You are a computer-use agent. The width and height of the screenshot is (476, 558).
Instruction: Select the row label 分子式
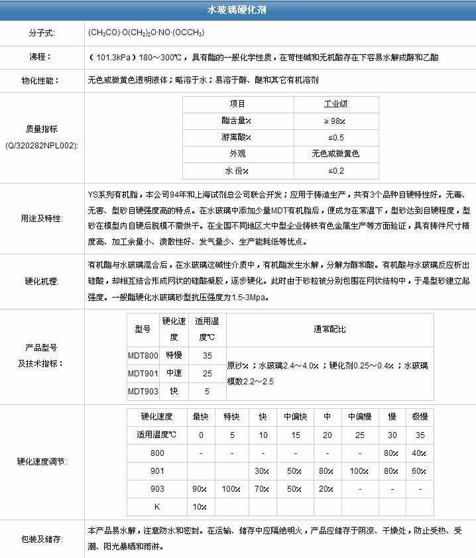click(41, 32)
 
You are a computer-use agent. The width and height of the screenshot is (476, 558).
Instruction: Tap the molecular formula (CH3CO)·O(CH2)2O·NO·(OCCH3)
click(145, 32)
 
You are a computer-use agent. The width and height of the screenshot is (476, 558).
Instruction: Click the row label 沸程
click(41, 57)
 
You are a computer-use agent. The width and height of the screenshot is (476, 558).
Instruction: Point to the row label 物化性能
click(41, 81)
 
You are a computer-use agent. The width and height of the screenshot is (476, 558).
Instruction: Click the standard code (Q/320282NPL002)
click(41, 144)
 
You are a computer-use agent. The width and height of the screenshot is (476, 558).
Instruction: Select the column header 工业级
click(335, 104)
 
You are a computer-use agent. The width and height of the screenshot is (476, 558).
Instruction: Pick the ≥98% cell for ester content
click(335, 121)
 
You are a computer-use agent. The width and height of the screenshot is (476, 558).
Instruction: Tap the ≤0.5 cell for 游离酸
click(335, 137)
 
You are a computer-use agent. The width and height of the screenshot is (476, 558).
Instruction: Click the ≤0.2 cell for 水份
click(335, 170)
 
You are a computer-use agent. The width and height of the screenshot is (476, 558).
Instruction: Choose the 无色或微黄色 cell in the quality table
click(335, 154)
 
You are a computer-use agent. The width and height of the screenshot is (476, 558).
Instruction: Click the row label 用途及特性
click(41, 217)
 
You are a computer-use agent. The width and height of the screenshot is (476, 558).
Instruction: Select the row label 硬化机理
click(41, 281)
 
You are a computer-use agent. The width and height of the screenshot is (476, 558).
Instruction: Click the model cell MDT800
click(143, 355)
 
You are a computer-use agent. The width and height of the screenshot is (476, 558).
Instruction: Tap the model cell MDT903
click(143, 391)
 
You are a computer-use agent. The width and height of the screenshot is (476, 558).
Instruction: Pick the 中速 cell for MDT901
click(174, 373)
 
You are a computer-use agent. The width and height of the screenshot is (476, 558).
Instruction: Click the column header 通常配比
click(329, 329)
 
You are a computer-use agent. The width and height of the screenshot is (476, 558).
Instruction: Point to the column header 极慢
click(419, 417)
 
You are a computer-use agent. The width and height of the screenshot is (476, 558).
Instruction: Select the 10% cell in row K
click(200, 507)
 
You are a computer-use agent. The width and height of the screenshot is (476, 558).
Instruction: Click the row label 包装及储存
click(41, 540)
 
